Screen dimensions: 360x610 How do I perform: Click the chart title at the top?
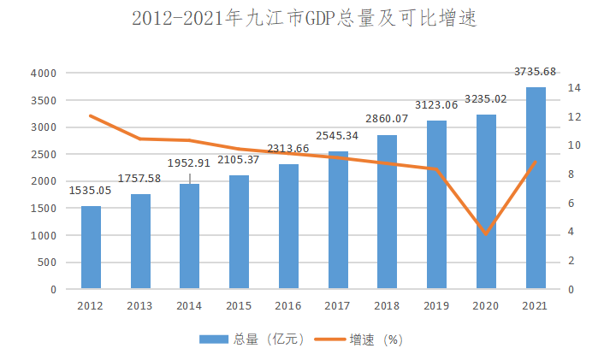coord(305,20)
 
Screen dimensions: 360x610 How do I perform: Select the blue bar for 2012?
coord(91,248)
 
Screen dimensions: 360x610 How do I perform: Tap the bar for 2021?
coord(536,188)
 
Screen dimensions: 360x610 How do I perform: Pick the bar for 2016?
coord(288,227)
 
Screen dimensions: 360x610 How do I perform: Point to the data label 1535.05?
coord(91,190)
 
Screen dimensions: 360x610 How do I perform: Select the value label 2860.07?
coord(387,118)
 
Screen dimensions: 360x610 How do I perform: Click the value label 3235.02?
coord(486,98)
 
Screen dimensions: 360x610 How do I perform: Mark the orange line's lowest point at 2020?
coord(486,233)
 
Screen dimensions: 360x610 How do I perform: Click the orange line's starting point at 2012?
coord(91,115)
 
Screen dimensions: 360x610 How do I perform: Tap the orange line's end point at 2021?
coord(536,162)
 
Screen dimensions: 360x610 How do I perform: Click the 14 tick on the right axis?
coord(574,88)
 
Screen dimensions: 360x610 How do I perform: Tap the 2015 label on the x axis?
coord(239,306)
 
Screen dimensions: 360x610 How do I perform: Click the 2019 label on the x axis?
coord(436,306)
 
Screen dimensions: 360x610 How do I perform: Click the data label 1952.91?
coord(189,162)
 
